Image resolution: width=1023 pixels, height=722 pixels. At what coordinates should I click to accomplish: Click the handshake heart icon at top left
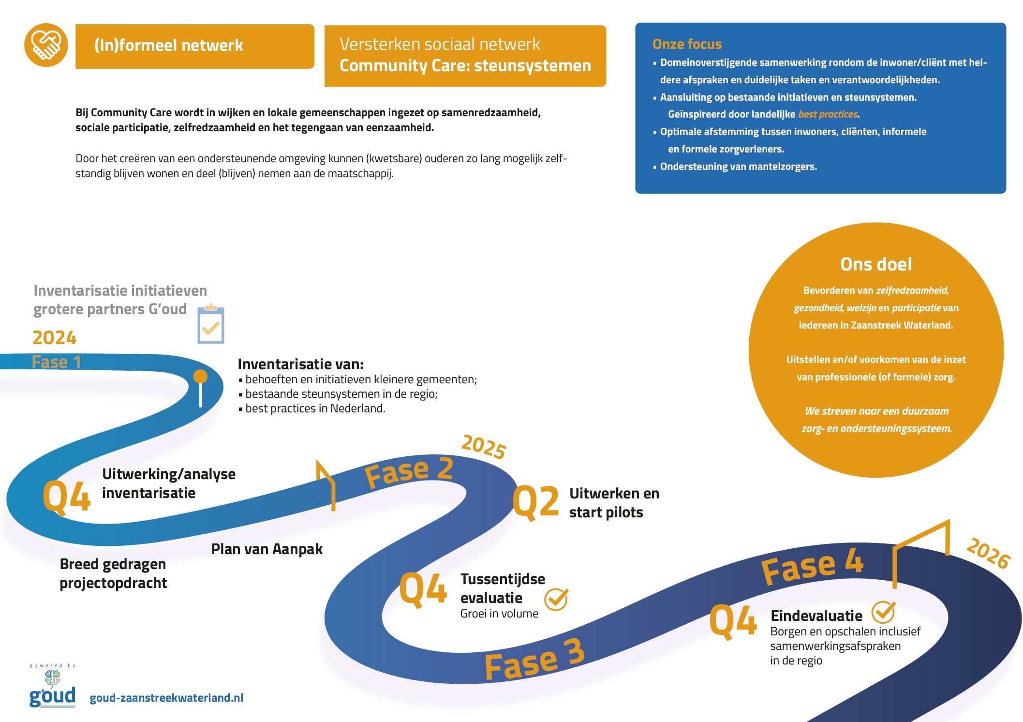(46, 45)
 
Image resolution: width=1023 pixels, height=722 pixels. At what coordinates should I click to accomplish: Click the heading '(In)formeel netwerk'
(168, 45)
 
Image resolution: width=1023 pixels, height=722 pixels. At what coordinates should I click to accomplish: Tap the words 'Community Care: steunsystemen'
(465, 66)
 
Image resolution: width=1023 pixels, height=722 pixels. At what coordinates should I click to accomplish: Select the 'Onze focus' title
(687, 45)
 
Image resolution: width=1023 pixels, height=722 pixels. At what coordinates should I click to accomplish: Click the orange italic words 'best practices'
(828, 115)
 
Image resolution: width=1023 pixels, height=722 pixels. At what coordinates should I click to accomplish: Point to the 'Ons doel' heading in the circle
(876, 265)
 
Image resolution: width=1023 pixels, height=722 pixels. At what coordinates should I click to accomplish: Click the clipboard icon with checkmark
(211, 325)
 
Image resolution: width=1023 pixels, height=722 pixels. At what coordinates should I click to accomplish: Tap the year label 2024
(55, 338)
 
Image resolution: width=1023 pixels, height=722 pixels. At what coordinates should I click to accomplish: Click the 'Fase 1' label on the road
(56, 362)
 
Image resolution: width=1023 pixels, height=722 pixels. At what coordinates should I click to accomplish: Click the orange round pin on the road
(200, 376)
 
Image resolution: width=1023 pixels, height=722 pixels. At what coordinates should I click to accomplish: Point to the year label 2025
(484, 446)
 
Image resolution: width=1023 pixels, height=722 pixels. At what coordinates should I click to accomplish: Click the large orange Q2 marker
(535, 502)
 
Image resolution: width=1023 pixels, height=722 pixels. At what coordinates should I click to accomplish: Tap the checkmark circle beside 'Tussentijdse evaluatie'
(556, 600)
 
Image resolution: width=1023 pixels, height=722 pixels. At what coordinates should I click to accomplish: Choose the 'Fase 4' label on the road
(812, 565)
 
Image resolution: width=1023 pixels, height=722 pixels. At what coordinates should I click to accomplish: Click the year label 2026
(988, 553)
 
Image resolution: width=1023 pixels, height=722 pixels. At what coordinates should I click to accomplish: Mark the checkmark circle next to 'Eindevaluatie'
(883, 613)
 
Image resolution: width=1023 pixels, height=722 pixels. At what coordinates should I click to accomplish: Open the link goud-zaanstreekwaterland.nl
(166, 698)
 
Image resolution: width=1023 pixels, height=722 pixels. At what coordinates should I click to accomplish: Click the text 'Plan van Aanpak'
(267, 549)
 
